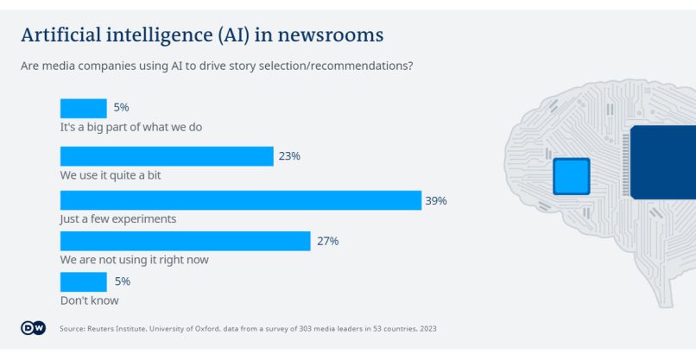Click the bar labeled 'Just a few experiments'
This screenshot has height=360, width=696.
[240, 200]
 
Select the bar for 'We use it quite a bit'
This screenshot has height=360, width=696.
[167, 156]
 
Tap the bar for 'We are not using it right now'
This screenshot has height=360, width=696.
[185, 241]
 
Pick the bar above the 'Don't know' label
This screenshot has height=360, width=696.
[83, 281]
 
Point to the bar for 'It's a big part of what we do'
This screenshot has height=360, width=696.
[83, 108]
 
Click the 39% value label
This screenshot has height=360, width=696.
[435, 200]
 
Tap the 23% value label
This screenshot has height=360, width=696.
[289, 156]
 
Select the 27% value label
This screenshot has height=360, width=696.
[327, 241]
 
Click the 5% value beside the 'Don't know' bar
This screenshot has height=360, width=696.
[121, 281]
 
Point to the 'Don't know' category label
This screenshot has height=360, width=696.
[89, 300]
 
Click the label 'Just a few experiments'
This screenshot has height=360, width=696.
[118, 218]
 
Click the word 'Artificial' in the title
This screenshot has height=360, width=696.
[62, 35]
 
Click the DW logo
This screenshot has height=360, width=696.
[33, 328]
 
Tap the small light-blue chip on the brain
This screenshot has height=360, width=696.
[571, 176]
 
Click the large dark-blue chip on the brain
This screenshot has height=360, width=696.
[663, 162]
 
